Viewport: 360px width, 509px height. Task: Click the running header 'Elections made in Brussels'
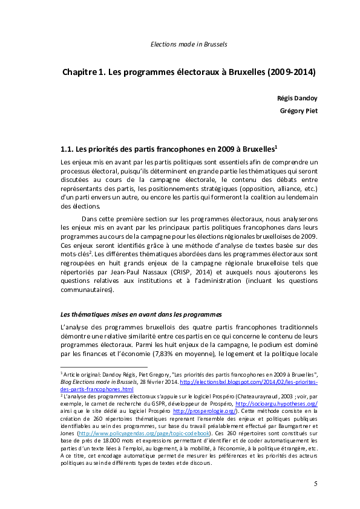188,44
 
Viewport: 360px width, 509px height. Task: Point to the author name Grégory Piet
298,111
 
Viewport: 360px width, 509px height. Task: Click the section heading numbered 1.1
169,149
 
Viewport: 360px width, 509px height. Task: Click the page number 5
315,484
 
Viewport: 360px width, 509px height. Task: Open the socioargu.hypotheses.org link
276,403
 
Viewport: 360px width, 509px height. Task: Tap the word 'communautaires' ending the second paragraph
87,290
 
